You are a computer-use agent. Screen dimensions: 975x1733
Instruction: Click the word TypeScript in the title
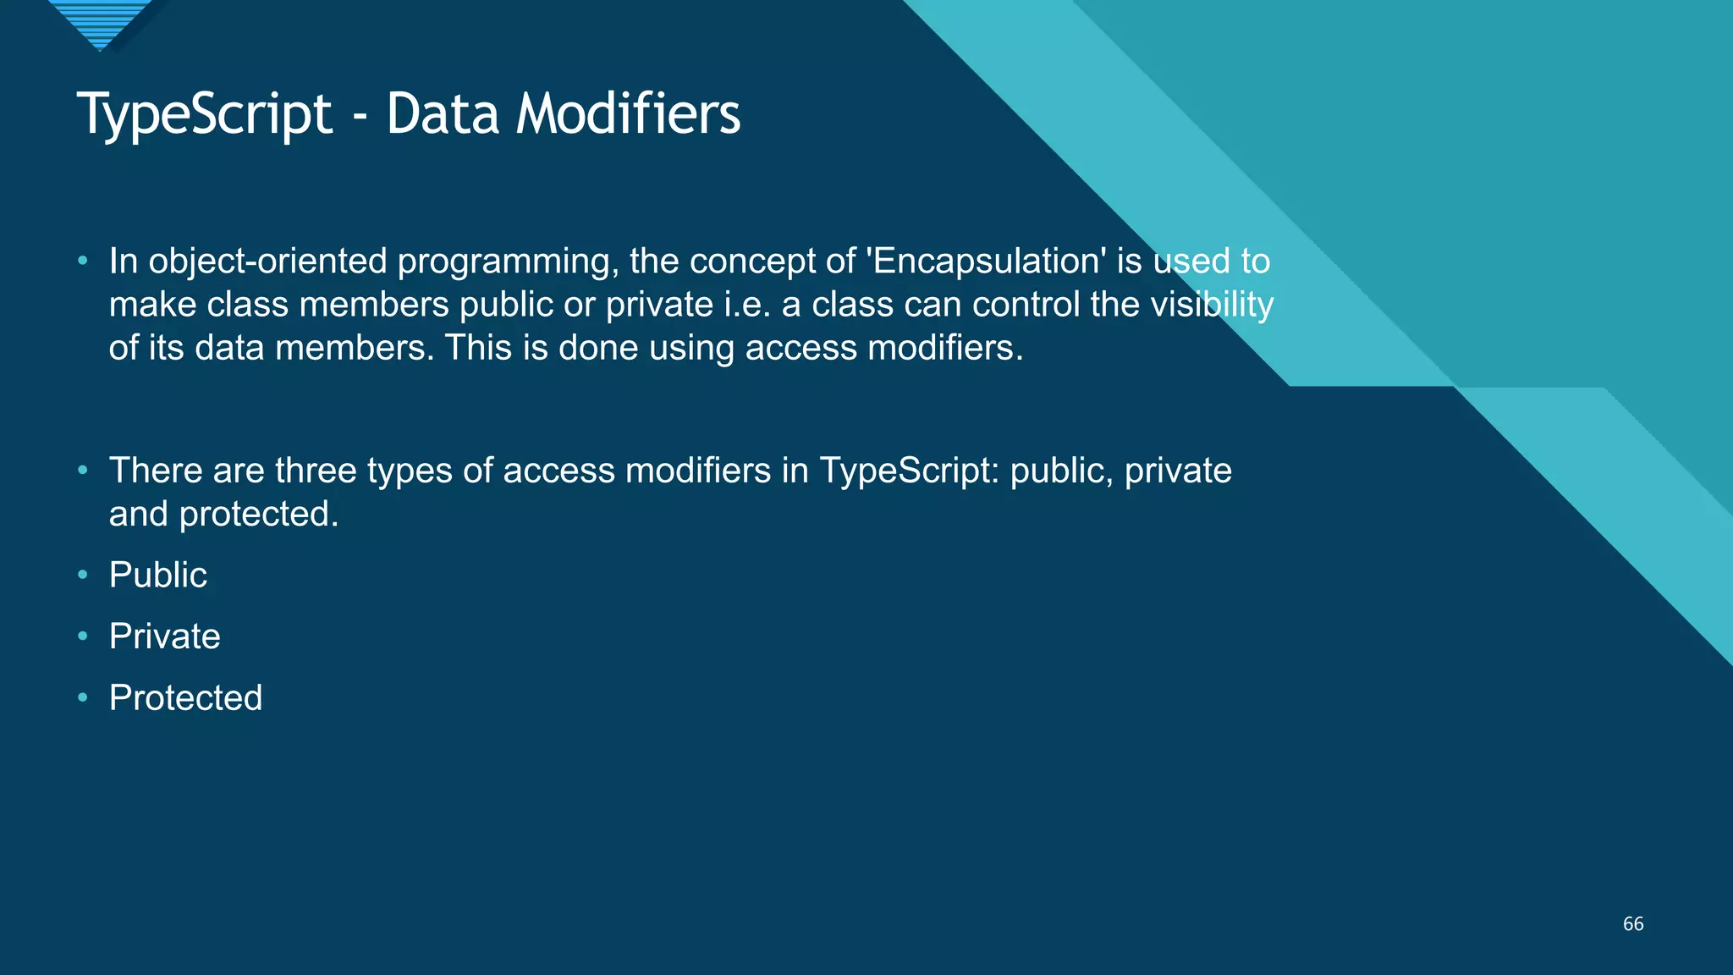coord(204,114)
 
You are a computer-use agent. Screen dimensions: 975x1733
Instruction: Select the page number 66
coord(1633,924)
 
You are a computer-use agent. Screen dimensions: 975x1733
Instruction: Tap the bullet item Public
coord(158,576)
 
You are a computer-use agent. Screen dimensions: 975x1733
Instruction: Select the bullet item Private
coord(165,636)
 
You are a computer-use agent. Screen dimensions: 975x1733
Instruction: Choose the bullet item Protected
coord(185,698)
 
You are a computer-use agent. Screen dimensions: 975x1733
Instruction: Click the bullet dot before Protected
coord(82,697)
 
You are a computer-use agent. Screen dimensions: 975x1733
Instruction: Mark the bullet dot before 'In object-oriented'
coord(82,261)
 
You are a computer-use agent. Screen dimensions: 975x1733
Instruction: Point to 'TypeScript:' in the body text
coord(910,471)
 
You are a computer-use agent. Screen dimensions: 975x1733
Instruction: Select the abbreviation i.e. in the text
coord(747,305)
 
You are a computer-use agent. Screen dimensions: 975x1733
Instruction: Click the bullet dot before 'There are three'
coord(82,470)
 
